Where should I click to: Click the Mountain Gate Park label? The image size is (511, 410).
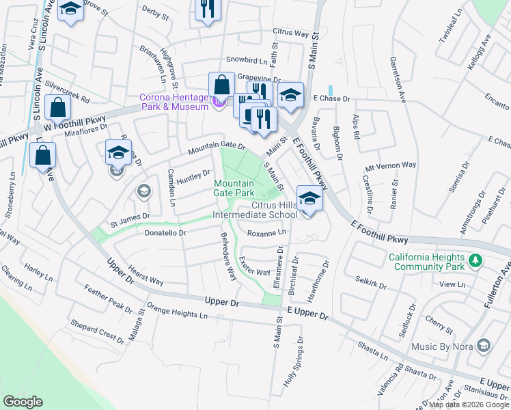pyautogui.click(x=234, y=188)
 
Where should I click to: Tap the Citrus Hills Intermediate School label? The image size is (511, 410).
pyautogui.click(x=255, y=210)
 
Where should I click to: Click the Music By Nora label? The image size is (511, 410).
pyautogui.click(x=443, y=346)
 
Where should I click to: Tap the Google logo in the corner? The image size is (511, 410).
pyautogui.click(x=23, y=402)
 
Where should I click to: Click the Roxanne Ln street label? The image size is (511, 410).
pyautogui.click(x=266, y=233)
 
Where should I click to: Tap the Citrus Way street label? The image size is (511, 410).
pyautogui.click(x=291, y=32)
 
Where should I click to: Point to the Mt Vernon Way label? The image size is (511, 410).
pyautogui.click(x=391, y=166)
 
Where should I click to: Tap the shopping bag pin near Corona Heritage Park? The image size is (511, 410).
pyautogui.click(x=222, y=85)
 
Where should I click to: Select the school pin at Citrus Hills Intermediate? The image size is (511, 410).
pyautogui.click(x=309, y=200)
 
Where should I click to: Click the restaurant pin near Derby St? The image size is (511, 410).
pyautogui.click(x=206, y=10)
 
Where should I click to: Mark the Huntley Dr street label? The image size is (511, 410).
pyautogui.click(x=193, y=177)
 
